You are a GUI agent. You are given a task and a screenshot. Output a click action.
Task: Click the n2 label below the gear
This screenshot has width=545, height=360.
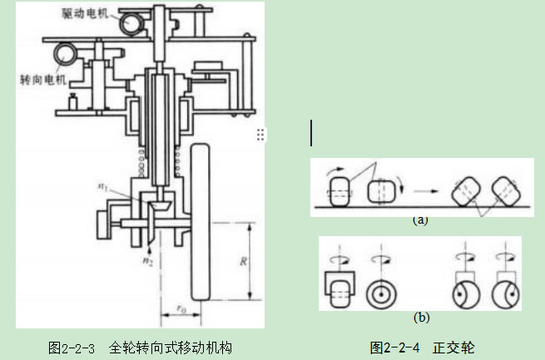[x=146, y=260]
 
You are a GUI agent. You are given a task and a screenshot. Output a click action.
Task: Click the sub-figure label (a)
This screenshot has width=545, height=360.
[x=419, y=221]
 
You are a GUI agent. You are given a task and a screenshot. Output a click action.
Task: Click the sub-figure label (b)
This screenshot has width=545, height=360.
[x=421, y=317]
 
